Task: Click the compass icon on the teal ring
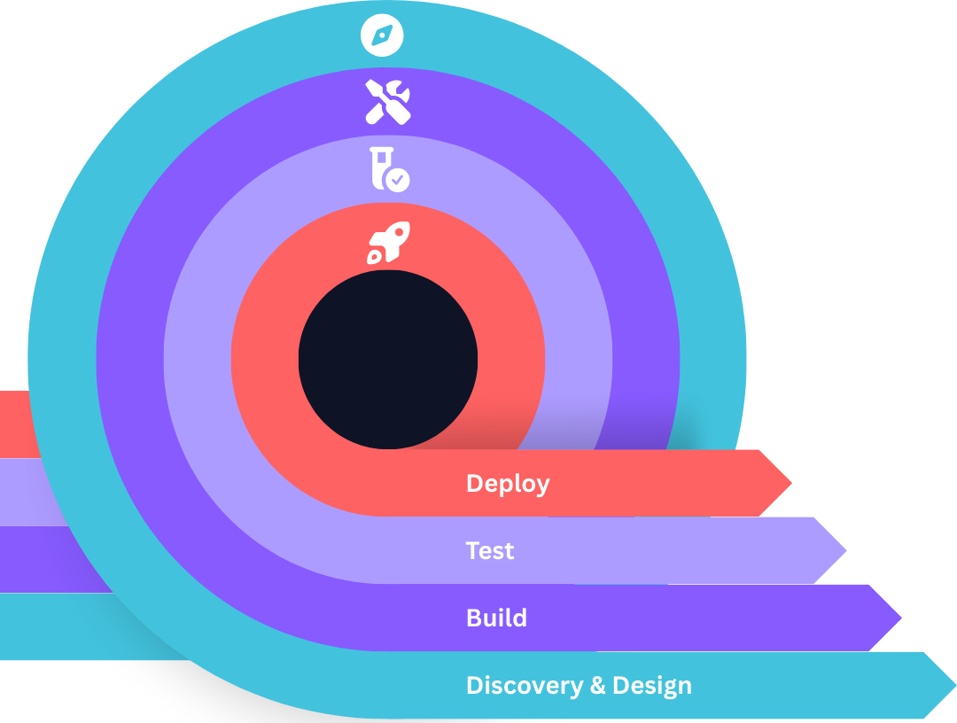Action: [382, 35]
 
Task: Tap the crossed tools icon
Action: [388, 101]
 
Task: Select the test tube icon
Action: [388, 168]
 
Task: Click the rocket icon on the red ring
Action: [388, 242]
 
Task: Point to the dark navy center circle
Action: [388, 359]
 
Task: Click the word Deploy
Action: [508, 484]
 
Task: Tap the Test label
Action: [490, 551]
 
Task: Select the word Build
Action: [496, 618]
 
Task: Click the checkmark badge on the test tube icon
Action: [399, 180]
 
